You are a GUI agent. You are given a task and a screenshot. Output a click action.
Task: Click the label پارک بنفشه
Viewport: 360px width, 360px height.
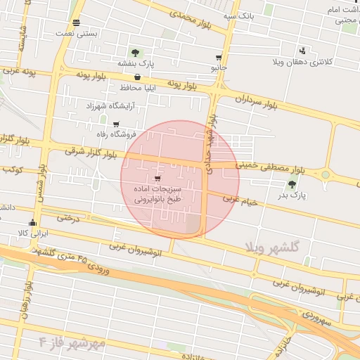[135, 64]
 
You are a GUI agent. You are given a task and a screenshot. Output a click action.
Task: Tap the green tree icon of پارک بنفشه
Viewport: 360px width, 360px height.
[135, 53]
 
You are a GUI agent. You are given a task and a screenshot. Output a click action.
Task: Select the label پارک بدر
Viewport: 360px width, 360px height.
[290, 197]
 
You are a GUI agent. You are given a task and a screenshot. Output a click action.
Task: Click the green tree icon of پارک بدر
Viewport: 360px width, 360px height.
[292, 185]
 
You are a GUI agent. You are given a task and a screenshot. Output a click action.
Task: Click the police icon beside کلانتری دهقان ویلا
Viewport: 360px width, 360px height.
[302, 51]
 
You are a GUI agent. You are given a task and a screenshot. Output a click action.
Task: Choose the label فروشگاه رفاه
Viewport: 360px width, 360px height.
[115, 133]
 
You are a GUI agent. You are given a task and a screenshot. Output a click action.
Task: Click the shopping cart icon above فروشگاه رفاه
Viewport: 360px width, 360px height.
[116, 124]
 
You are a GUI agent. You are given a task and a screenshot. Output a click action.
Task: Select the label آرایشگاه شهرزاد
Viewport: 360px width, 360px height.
[109, 105]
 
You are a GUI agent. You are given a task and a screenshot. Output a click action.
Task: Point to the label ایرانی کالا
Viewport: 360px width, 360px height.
[32, 232]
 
